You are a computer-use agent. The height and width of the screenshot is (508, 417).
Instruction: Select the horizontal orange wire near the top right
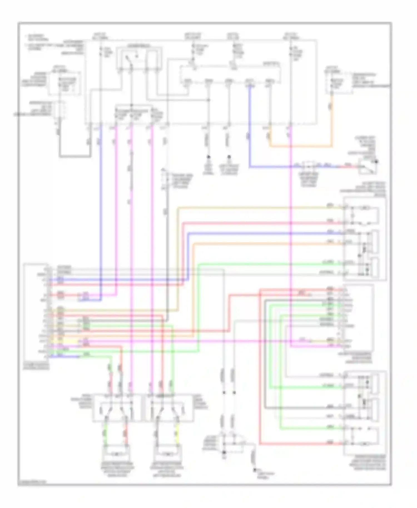[x=300, y=146]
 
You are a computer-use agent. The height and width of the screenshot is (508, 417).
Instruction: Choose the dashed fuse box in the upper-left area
[x=64, y=83]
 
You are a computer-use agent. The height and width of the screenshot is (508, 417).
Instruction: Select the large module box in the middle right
[x=359, y=318]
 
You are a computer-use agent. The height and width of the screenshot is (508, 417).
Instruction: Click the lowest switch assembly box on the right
[x=365, y=413]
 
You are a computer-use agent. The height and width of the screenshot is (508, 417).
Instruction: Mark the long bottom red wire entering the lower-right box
[x=300, y=444]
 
